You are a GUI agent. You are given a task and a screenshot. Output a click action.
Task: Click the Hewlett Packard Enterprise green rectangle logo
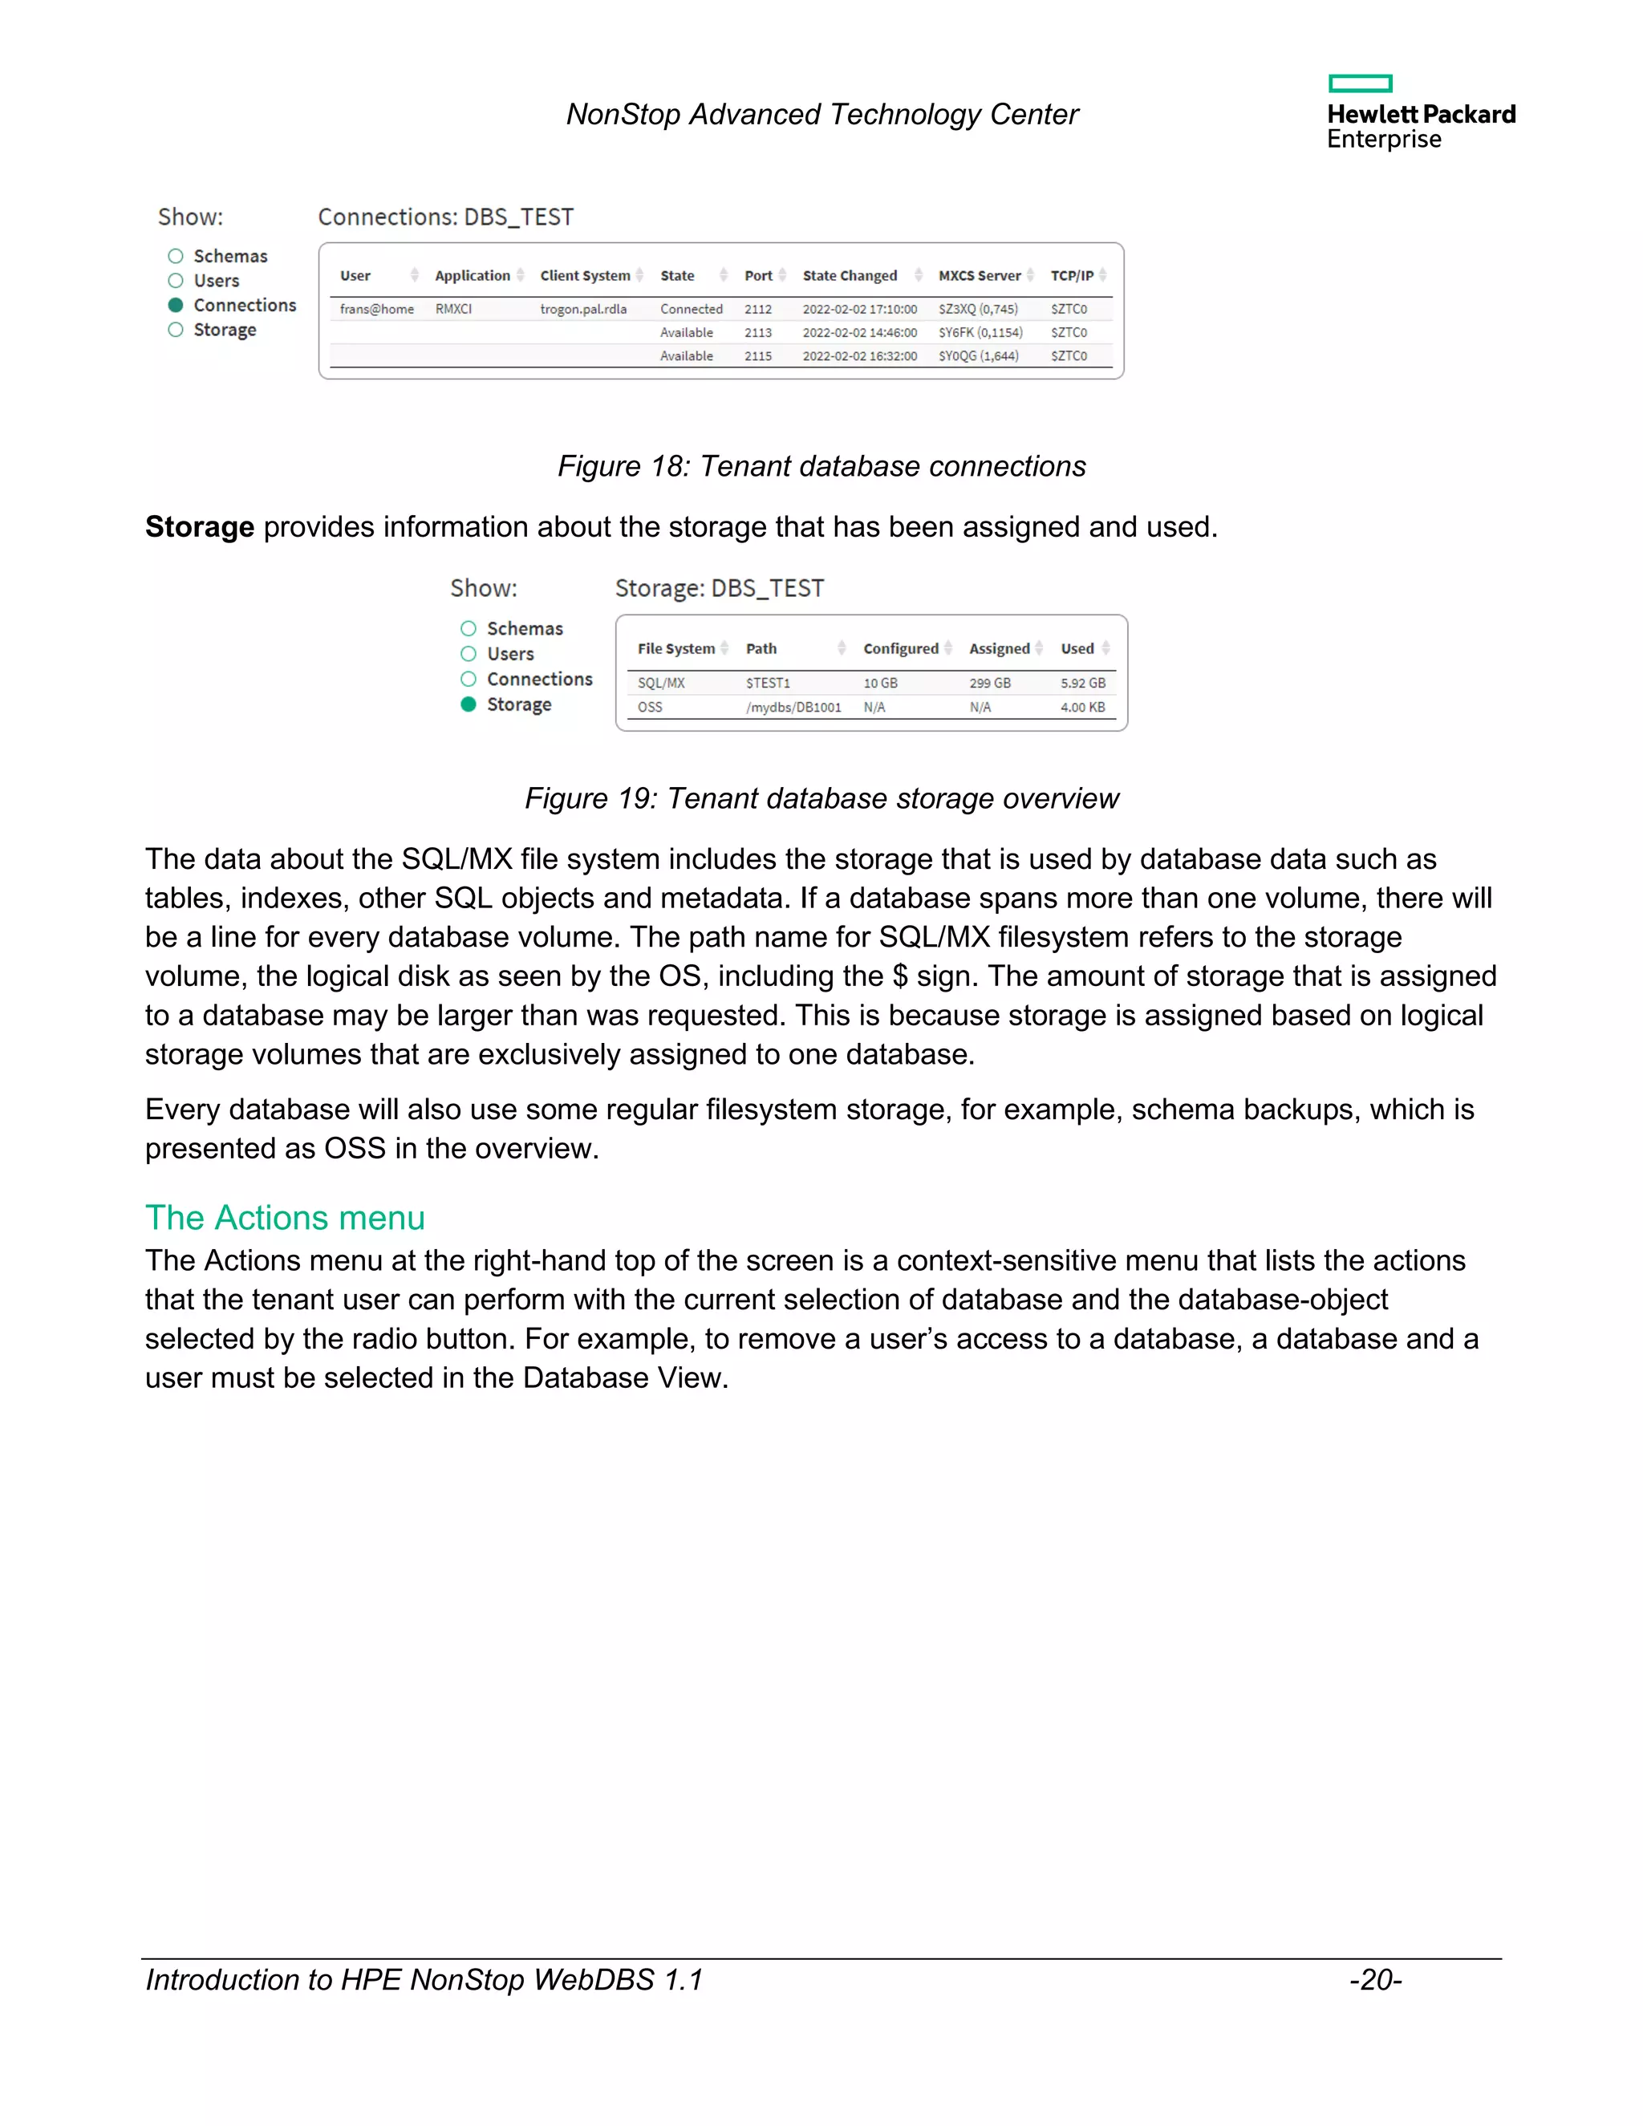pyautogui.click(x=1360, y=83)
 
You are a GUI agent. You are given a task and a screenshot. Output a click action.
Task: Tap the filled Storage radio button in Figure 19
pyautogui.click(x=469, y=704)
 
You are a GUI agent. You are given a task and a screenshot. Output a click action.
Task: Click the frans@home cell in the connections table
pyautogui.click(x=377, y=309)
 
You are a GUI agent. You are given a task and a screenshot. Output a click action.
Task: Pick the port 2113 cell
pyautogui.click(x=757, y=332)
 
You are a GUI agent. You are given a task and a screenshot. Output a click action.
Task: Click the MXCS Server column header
pyautogui.click(x=980, y=275)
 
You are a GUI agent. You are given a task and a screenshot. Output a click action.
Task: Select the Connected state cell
pyautogui.click(x=691, y=309)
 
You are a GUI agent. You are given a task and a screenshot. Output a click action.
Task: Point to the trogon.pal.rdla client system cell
pyautogui.click(x=583, y=309)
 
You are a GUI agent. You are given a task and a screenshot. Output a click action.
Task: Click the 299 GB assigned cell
pyautogui.click(x=990, y=684)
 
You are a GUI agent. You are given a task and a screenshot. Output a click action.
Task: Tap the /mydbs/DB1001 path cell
pyautogui.click(x=793, y=708)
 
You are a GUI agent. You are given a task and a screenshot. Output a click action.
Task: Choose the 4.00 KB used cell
pyautogui.click(x=1082, y=708)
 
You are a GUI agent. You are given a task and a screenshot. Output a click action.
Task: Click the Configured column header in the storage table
pyautogui.click(x=900, y=648)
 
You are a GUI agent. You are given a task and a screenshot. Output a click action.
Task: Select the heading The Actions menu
pyautogui.click(x=285, y=1218)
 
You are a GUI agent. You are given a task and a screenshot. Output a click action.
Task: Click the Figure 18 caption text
pyautogui.click(x=821, y=466)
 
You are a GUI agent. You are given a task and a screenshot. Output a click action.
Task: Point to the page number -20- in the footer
pyautogui.click(x=1375, y=1980)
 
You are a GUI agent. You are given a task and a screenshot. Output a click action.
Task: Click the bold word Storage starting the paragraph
pyautogui.click(x=200, y=526)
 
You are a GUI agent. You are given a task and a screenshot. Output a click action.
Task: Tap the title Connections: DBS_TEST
pyautogui.click(x=446, y=217)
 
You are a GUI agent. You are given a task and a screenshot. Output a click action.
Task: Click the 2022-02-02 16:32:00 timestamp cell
pyautogui.click(x=859, y=356)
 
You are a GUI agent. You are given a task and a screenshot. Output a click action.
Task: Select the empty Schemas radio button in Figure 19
pyautogui.click(x=469, y=629)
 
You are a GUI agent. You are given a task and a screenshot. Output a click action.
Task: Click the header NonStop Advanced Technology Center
pyautogui.click(x=821, y=115)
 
